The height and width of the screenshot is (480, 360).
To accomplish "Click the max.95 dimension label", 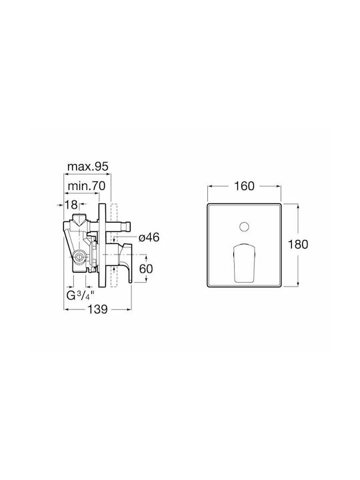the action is pos(88,167).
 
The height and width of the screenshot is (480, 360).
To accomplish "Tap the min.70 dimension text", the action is pos(86,186).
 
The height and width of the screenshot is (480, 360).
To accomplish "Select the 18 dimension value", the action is pos(71,205).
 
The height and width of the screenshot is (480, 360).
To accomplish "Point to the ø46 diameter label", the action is pos(149,237).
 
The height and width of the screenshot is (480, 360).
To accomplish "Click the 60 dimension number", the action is pos(146,269).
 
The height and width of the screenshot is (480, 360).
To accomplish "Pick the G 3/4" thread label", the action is pos(80,296).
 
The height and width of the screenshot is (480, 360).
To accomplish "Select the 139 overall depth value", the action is pos(98,309).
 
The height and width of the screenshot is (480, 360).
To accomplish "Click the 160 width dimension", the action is pos(244,186).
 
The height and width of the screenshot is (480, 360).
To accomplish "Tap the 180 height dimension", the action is pos(298,244).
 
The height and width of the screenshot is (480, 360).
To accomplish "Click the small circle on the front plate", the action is pos(244,227).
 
